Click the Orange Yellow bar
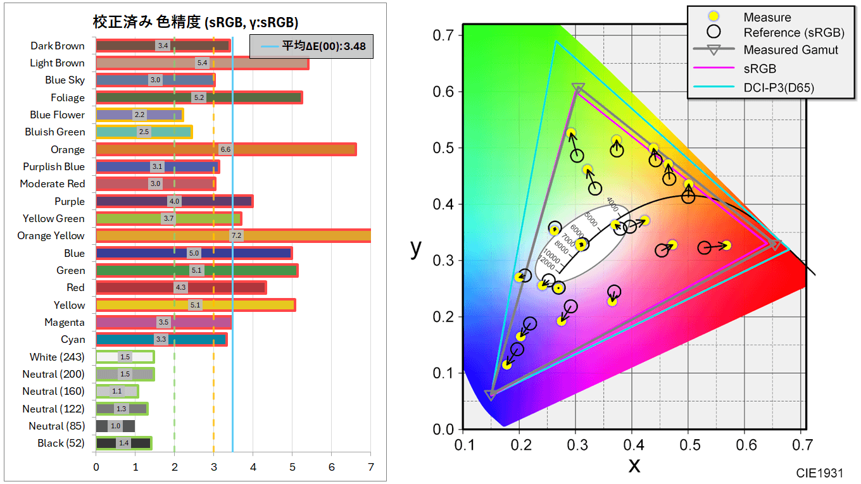pos(233,236)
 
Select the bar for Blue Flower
pos(139,115)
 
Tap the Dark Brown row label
pos(58,46)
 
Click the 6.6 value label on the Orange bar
pos(225,149)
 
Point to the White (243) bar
pos(125,357)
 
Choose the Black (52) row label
pos(61,443)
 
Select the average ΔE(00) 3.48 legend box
pos(311,46)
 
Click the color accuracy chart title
pos(196,23)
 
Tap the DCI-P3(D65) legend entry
pos(779,87)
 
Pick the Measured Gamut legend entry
pos(791,50)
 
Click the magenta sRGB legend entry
pos(760,68)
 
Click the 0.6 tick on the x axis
pos(745,445)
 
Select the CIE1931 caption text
pos(820,473)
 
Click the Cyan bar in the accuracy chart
pos(161,340)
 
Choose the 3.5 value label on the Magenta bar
pos(163,323)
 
